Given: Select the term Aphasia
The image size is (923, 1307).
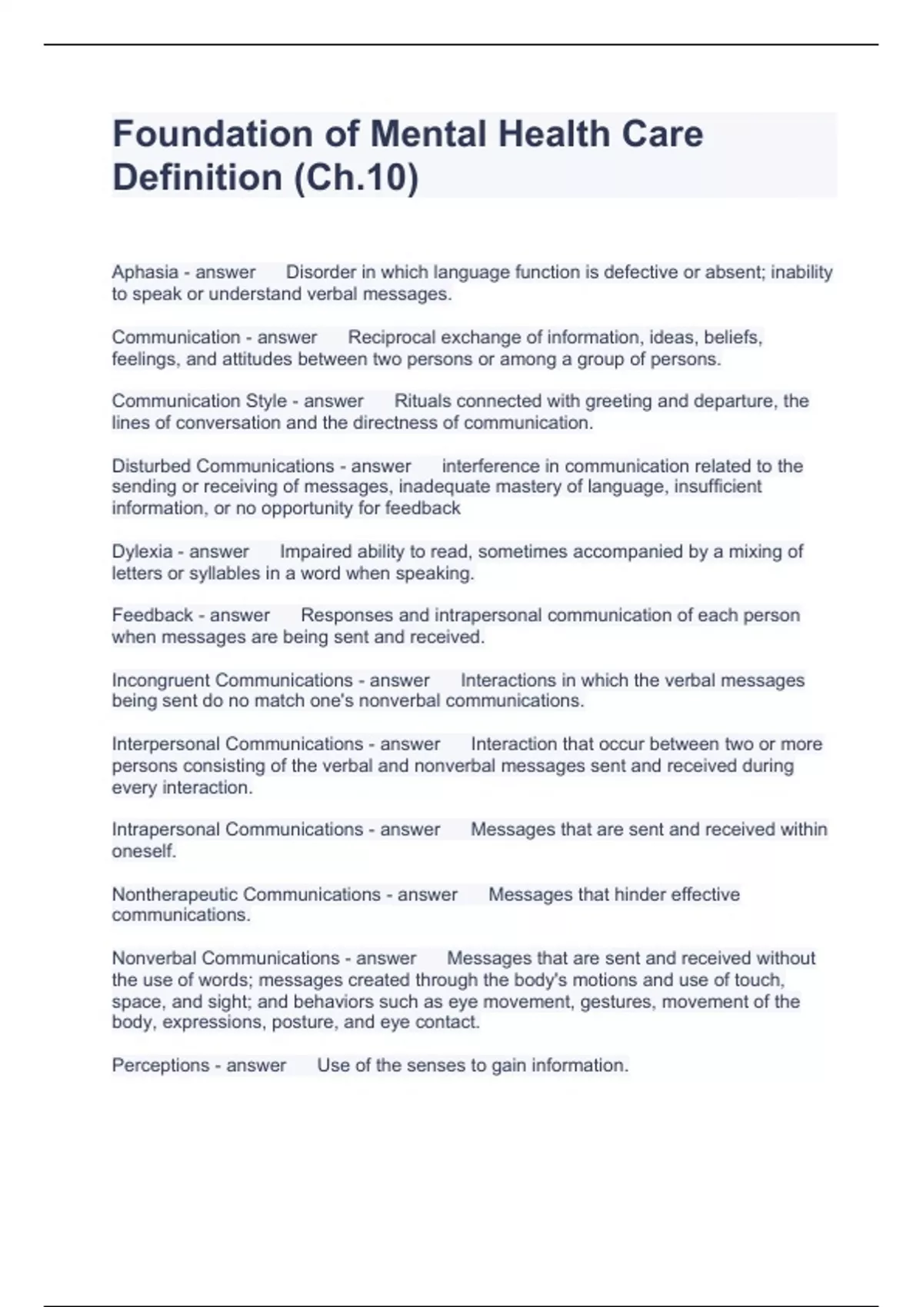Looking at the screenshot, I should pyautogui.click(x=145, y=272).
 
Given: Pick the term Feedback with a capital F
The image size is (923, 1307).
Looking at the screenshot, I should pyautogui.click(x=152, y=615).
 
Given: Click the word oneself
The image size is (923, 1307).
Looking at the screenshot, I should pyautogui.click(x=143, y=851).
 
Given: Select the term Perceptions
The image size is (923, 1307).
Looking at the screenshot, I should pyautogui.click(x=160, y=1066).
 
